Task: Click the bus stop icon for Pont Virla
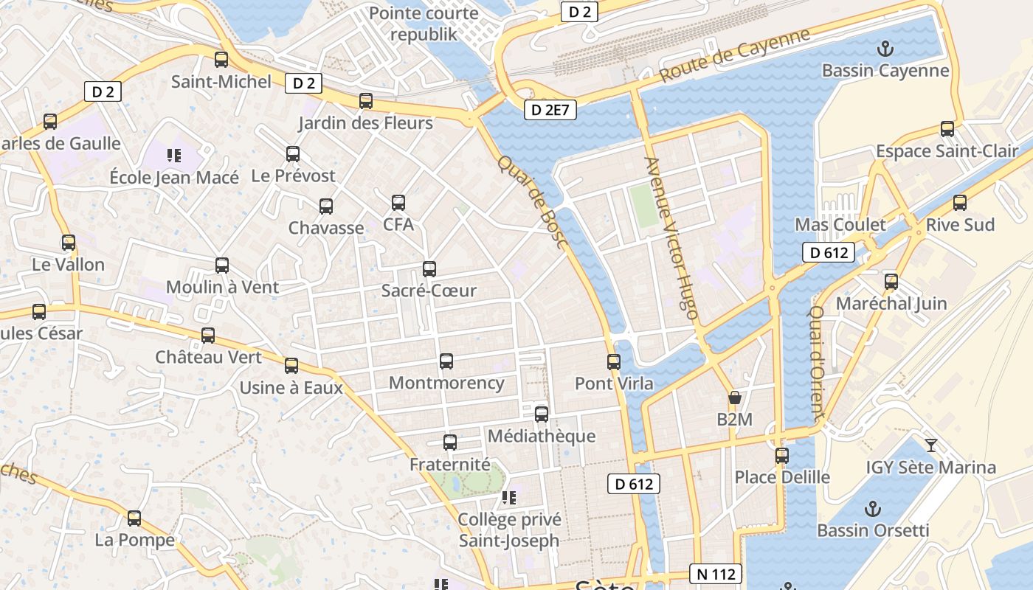pyautogui.click(x=614, y=361)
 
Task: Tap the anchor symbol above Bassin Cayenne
pyautogui.click(x=884, y=49)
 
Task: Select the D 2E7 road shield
pyautogui.click(x=550, y=111)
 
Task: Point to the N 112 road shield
pyautogui.click(x=715, y=574)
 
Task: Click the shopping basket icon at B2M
pyautogui.click(x=734, y=398)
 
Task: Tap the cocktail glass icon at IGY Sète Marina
pyautogui.click(x=930, y=445)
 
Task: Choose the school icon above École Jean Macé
pyautogui.click(x=174, y=155)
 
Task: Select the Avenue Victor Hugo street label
pyautogui.click(x=671, y=237)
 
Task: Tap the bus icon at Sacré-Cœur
pyautogui.click(x=429, y=269)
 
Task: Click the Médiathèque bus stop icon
pyautogui.click(x=542, y=414)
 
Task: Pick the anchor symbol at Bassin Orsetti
pyautogui.click(x=873, y=509)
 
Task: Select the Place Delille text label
pyautogui.click(x=782, y=477)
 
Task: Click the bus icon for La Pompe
pyautogui.click(x=134, y=518)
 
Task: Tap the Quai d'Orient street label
pyautogui.click(x=816, y=364)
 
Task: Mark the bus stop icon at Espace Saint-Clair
pyautogui.click(x=947, y=130)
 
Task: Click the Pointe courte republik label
pyautogui.click(x=424, y=24)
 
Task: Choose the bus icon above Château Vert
pyautogui.click(x=208, y=336)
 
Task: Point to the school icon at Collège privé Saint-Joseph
pyautogui.click(x=508, y=498)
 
